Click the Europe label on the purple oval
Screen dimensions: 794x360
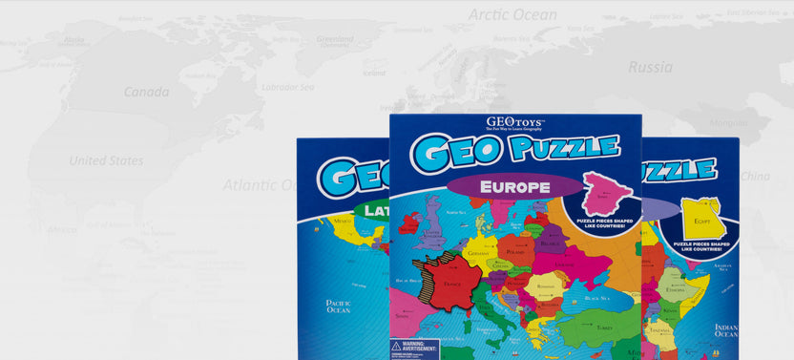pos(514,186)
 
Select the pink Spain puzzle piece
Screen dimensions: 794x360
pos(607,195)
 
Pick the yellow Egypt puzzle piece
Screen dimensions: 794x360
pos(703,219)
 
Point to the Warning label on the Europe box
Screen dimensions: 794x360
pos(414,349)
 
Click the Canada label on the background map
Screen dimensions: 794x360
pos(146,92)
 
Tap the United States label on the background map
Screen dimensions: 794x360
pos(107,160)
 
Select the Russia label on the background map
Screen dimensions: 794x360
pos(650,67)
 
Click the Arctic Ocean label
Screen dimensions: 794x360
pos(512,14)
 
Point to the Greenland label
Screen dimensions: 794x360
pos(335,40)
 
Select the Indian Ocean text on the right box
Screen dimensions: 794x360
pos(725,330)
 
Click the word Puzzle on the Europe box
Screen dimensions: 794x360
pos(563,148)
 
